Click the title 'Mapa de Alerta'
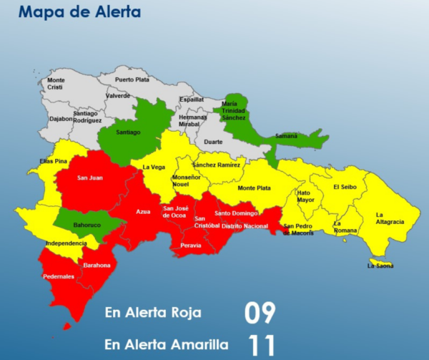click(x=79, y=12)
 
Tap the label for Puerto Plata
click(x=132, y=79)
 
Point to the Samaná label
click(x=286, y=136)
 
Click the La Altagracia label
click(x=389, y=218)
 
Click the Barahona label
click(x=97, y=265)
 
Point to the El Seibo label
click(x=344, y=188)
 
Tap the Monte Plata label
click(x=254, y=188)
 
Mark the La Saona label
click(x=380, y=266)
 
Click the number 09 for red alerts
click(x=260, y=313)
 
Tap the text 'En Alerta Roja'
click(x=153, y=313)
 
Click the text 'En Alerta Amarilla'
click(x=162, y=344)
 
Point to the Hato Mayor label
click(x=305, y=196)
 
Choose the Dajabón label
click(x=61, y=119)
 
